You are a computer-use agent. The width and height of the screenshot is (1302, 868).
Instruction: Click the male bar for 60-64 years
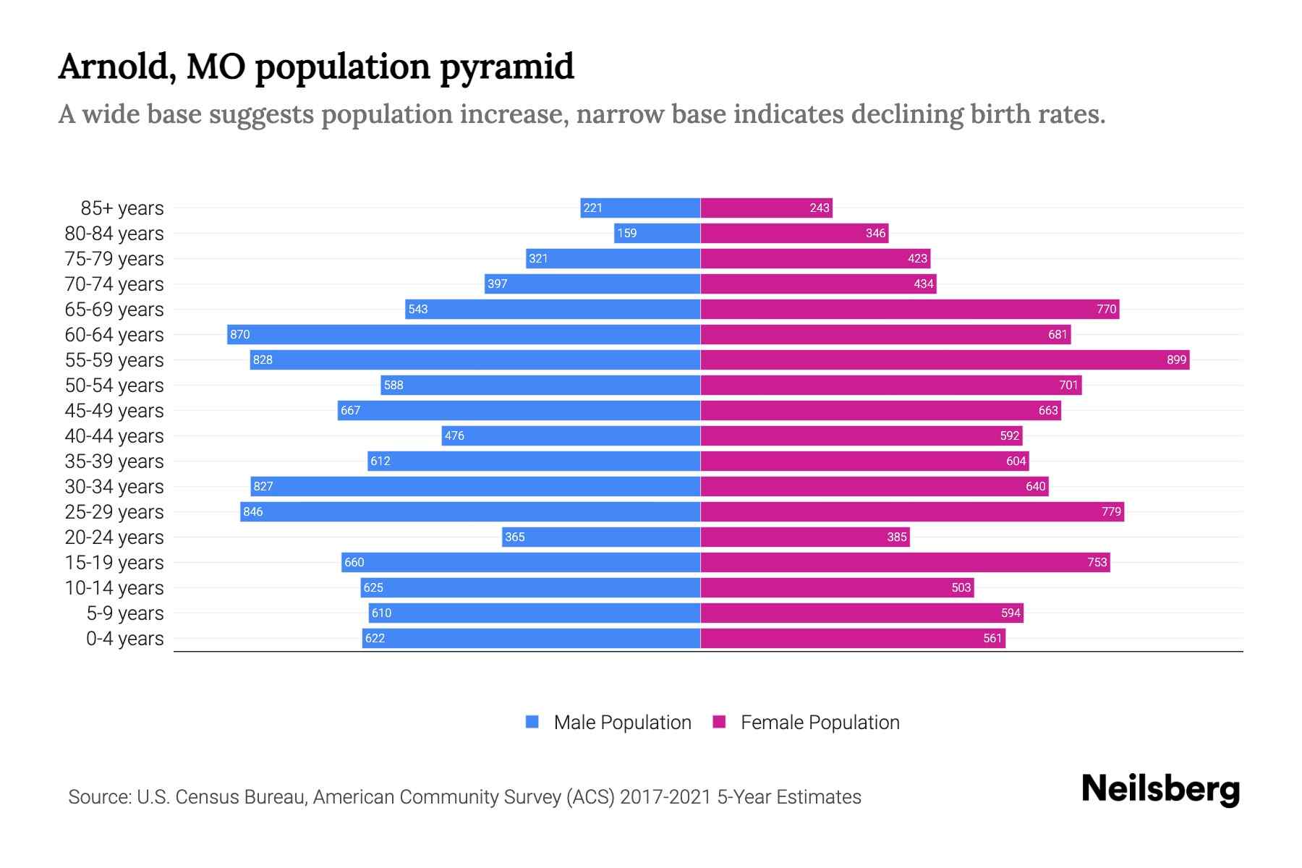pyautogui.click(x=463, y=334)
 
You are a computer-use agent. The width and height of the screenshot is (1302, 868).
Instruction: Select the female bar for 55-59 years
pyautogui.click(x=944, y=359)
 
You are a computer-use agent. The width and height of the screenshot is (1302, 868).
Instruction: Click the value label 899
pyautogui.click(x=1176, y=359)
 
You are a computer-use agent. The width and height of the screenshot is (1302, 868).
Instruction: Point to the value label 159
pyautogui.click(x=626, y=233)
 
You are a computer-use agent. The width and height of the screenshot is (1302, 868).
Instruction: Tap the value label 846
pyautogui.click(x=252, y=511)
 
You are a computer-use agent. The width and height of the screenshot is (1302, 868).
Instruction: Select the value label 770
pyautogui.click(x=1106, y=309)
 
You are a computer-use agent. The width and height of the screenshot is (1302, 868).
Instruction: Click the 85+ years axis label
pyautogui.click(x=122, y=208)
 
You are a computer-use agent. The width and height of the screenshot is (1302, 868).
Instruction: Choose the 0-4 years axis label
pyautogui.click(x=124, y=639)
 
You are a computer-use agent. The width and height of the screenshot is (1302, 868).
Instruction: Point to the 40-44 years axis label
pyautogui.click(x=114, y=436)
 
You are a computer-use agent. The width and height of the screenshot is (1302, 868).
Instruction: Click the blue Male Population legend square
pyautogui.click(x=532, y=722)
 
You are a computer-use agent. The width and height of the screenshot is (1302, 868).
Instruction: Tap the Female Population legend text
pyautogui.click(x=820, y=723)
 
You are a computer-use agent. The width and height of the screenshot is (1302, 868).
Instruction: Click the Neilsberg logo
pyautogui.click(x=1160, y=789)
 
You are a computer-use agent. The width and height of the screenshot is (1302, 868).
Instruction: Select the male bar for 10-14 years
pyautogui.click(x=530, y=587)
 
